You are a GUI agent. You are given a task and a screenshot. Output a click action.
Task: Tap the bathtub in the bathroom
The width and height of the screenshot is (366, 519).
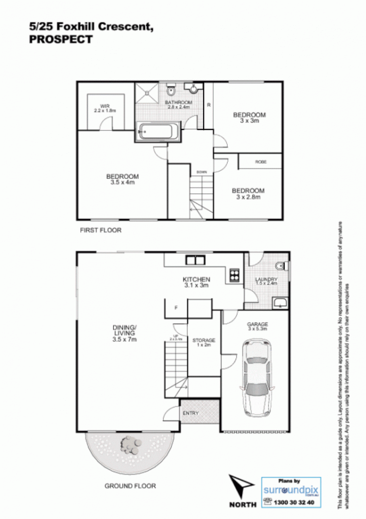[157, 132]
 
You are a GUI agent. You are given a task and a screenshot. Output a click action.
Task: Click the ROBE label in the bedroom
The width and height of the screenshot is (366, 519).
[260, 162]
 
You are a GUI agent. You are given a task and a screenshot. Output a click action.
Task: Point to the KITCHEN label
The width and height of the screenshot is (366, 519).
[196, 279]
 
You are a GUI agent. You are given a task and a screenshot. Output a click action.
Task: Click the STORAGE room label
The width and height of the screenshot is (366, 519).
[203, 341]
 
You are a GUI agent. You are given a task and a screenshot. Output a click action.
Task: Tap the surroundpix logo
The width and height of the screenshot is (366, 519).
[291, 490]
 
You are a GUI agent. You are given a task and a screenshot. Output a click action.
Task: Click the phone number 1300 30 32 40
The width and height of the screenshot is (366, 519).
[296, 502]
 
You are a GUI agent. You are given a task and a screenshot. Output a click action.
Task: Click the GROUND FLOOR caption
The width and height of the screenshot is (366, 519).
[130, 486]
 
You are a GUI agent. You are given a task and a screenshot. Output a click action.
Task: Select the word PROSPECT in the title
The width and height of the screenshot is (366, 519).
[61, 41]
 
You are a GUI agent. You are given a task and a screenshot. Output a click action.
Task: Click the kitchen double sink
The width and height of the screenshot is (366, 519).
[195, 260]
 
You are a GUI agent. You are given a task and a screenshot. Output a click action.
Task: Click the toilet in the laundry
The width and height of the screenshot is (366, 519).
[282, 267]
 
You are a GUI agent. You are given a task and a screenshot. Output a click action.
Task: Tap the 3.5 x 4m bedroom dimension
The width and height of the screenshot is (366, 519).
[122, 182]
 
